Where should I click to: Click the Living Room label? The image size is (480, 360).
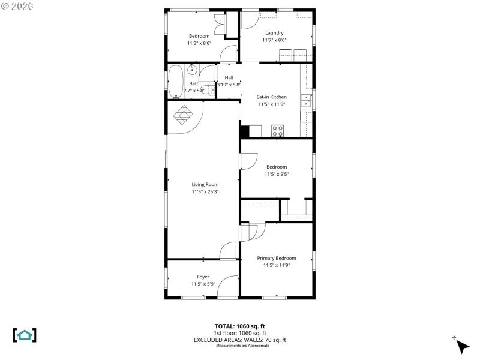[x=205, y=185]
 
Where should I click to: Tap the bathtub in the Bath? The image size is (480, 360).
[x=175, y=82]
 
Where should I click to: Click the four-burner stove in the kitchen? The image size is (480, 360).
[x=277, y=131]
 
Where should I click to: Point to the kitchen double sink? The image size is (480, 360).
[x=306, y=100]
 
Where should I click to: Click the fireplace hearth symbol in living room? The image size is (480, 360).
[x=184, y=115]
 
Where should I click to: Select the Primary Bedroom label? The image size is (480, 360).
[x=276, y=258]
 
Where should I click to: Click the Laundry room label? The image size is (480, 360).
[x=274, y=33]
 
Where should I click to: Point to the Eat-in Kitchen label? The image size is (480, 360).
[x=271, y=97]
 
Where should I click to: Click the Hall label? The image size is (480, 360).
[x=229, y=77]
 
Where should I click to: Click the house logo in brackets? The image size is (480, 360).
[x=25, y=335]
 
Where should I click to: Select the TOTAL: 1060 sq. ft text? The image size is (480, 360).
[x=239, y=326]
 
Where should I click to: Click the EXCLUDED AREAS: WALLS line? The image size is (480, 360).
[x=239, y=340]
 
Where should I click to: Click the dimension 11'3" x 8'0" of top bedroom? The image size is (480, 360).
[x=199, y=43]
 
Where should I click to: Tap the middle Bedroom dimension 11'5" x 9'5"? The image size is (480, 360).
[x=276, y=174]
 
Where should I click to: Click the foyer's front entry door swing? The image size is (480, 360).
[x=229, y=287]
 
